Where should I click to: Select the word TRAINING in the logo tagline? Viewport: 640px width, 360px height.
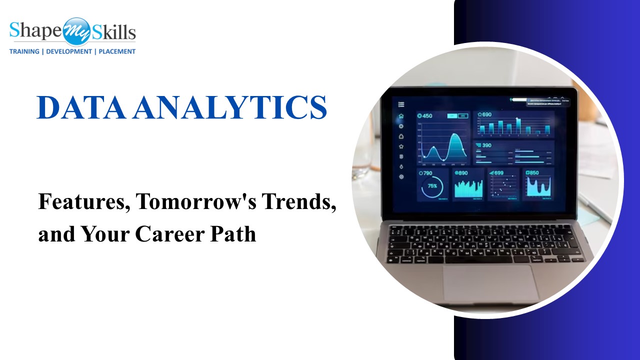24,51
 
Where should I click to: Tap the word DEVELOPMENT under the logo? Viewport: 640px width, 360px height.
69,51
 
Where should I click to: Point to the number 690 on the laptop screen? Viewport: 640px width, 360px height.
486,114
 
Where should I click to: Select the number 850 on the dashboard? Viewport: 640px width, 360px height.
534,173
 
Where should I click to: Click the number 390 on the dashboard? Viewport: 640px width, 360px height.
486,145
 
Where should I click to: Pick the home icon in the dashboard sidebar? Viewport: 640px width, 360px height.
401,116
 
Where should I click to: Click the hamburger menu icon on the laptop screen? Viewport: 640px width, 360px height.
401,104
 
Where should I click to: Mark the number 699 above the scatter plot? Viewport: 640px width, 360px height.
498,173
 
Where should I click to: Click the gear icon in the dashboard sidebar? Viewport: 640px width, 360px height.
401,176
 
